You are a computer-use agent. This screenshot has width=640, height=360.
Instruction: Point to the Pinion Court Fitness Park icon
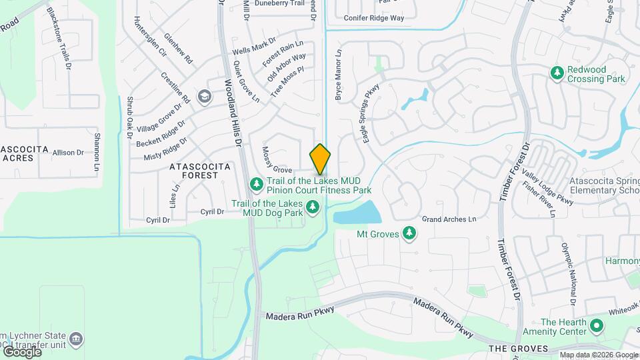coord(255,183)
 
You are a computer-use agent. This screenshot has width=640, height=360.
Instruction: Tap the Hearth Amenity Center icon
coord(597,326)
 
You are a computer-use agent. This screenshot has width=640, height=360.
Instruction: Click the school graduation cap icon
coord(205,97)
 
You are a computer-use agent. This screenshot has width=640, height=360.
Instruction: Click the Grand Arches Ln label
coord(449,219)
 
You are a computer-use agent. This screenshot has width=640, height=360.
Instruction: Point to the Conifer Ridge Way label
coord(373,18)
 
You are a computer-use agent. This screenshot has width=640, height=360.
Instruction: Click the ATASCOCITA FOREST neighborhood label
coord(199,170)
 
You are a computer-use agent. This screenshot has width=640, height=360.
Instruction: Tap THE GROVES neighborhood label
coord(518,349)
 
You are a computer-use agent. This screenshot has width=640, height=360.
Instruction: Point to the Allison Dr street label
coord(68,153)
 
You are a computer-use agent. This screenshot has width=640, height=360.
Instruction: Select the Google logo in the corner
coord(22,351)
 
